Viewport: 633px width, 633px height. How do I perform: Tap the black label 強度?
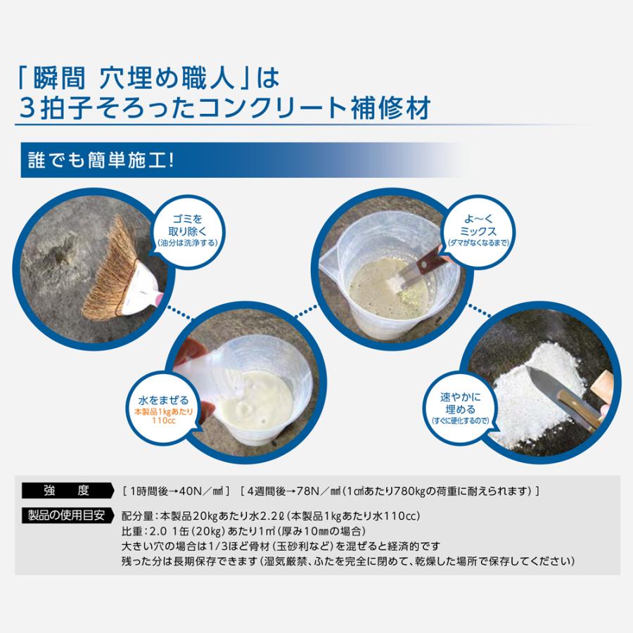tap(65, 490)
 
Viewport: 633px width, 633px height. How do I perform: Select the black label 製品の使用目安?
tap(65, 513)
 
